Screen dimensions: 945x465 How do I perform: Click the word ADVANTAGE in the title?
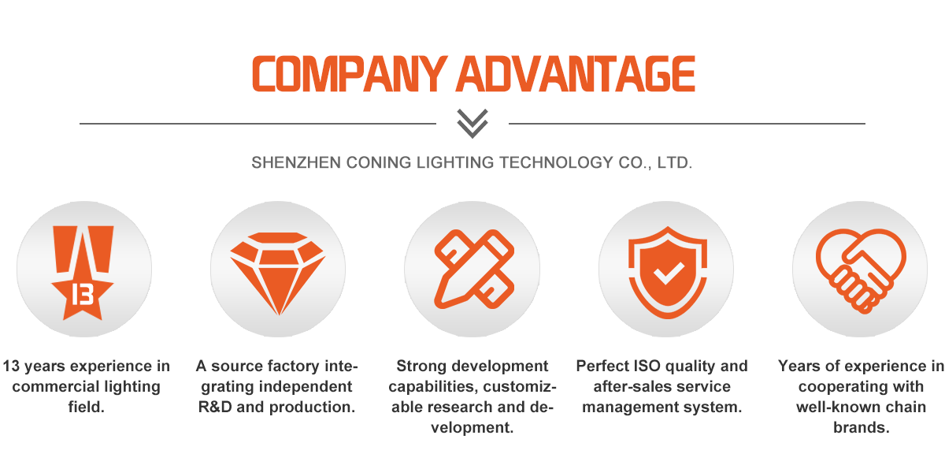(576, 74)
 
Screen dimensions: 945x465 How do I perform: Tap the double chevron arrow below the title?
(472, 124)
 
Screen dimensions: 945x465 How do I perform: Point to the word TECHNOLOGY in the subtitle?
(554, 163)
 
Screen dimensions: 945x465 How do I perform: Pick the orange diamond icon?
(277, 268)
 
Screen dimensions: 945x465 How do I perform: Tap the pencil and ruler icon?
(473, 268)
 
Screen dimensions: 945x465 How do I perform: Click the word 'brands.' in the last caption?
(861, 428)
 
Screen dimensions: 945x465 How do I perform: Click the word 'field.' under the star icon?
(86, 407)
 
